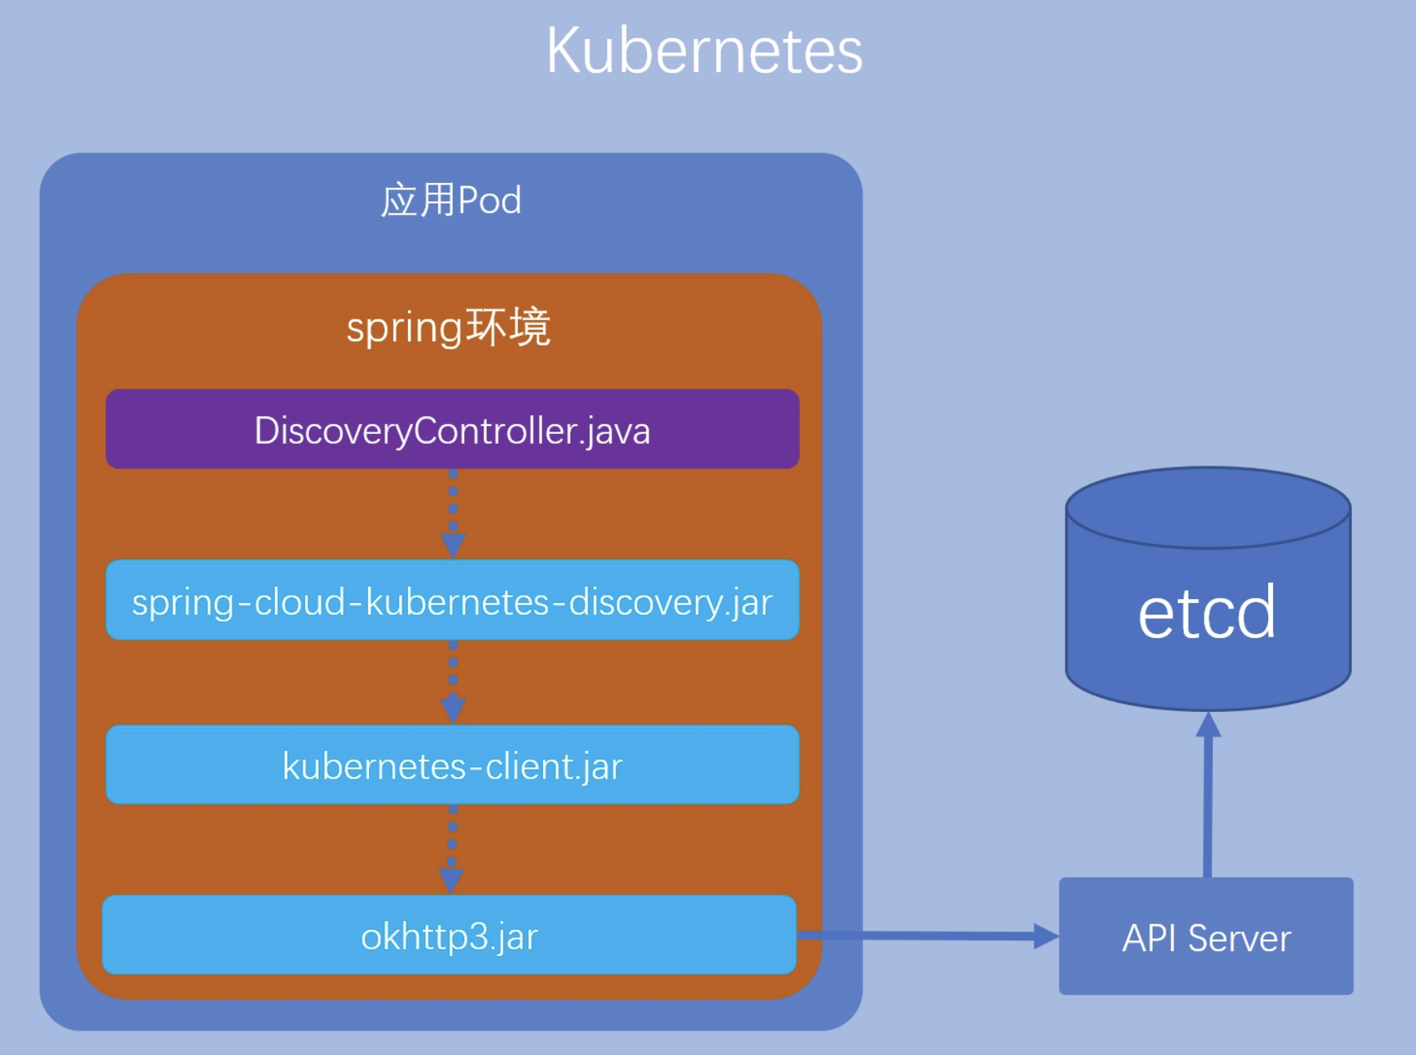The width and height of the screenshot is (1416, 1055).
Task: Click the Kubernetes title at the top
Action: (x=704, y=50)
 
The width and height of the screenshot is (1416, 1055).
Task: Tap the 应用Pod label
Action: (x=451, y=200)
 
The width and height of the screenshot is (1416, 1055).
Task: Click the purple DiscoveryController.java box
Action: (x=453, y=429)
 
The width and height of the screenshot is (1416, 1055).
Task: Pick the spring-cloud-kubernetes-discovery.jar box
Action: (x=453, y=600)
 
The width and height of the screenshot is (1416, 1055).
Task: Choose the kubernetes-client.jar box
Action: (x=453, y=765)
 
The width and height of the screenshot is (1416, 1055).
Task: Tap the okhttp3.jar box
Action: (x=450, y=935)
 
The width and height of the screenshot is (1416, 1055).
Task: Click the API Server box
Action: (x=1206, y=936)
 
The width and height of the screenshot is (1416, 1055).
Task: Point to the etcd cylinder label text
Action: (x=1206, y=612)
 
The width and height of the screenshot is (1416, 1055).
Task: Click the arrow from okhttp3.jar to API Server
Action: (x=928, y=936)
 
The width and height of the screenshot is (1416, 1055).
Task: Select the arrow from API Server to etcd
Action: (x=1208, y=794)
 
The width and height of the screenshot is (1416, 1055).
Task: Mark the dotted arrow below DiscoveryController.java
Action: (x=453, y=514)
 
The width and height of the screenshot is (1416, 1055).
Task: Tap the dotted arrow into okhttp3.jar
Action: (x=452, y=849)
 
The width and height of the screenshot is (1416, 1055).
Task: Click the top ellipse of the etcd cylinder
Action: (x=1208, y=507)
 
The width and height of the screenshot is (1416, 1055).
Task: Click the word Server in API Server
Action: (x=1240, y=939)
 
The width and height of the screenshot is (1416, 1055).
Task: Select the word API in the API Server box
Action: (x=1149, y=939)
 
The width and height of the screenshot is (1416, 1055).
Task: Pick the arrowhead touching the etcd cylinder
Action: (x=1209, y=724)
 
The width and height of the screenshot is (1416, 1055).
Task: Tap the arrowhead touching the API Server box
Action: (x=1046, y=936)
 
